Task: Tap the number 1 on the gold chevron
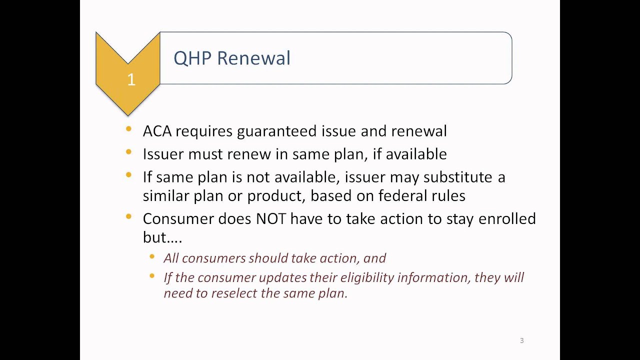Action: tap(131, 80)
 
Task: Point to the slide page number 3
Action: tap(521, 340)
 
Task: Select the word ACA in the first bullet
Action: tap(157, 131)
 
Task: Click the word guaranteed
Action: tap(276, 131)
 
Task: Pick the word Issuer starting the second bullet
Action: tap(163, 154)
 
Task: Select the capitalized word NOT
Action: tap(270, 219)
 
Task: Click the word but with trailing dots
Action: tap(162, 237)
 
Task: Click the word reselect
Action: tap(234, 293)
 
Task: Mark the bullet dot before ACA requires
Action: tap(129, 129)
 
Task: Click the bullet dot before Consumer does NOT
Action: tap(129, 217)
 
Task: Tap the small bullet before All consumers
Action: tap(152, 257)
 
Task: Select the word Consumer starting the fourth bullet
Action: tap(178, 219)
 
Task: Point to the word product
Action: tap(274, 195)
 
